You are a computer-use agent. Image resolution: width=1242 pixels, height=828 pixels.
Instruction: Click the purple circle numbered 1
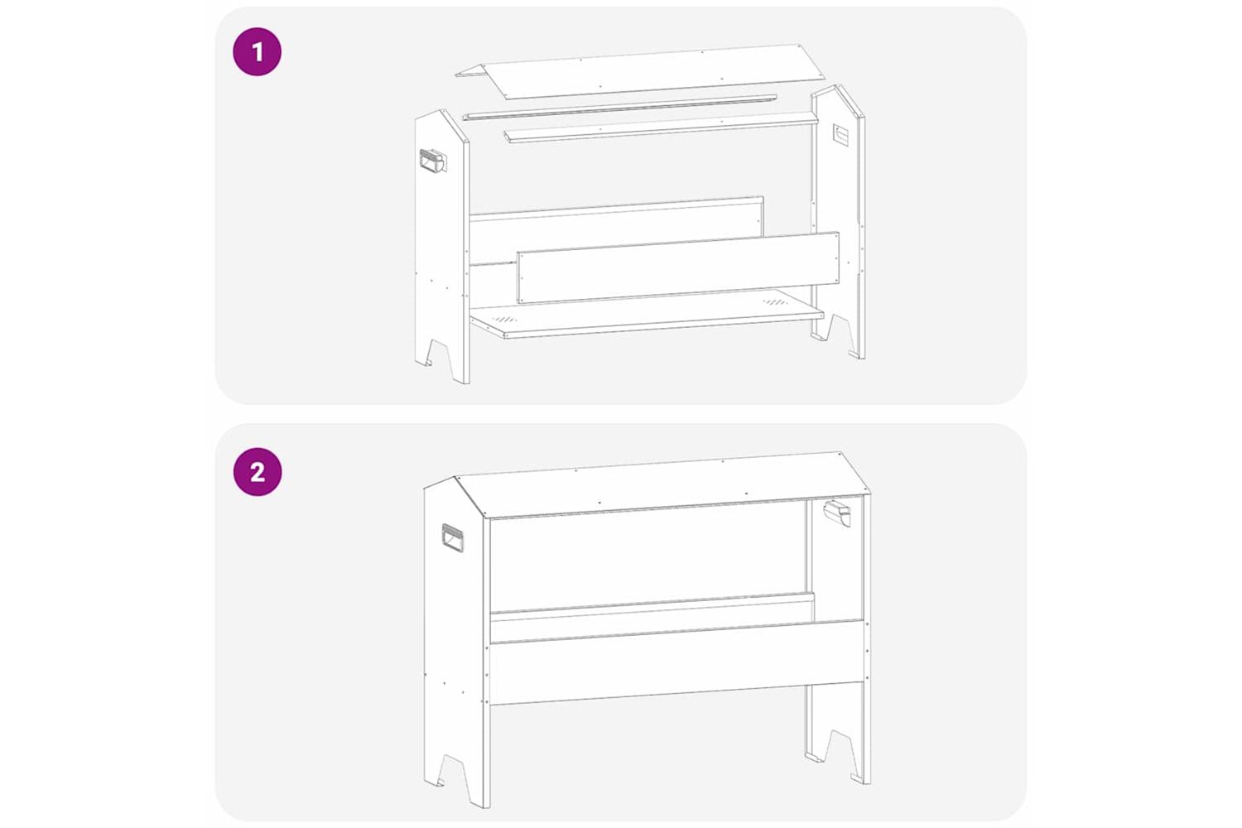[x=258, y=51]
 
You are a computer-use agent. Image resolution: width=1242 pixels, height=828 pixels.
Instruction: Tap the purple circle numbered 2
[x=258, y=472]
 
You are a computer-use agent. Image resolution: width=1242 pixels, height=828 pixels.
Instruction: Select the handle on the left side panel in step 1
[x=434, y=161]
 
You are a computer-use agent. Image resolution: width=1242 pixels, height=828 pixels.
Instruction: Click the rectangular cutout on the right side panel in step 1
[x=841, y=135]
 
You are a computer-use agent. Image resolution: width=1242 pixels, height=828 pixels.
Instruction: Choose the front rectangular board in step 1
[x=678, y=268]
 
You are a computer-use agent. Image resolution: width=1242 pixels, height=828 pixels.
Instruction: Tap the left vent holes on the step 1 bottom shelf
[x=505, y=319]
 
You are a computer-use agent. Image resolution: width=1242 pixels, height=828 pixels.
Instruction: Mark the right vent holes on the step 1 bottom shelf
[x=775, y=302]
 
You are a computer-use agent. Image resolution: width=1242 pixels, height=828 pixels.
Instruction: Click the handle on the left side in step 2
[x=453, y=537]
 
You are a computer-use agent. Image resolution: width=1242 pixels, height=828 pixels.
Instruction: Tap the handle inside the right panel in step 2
[x=836, y=513]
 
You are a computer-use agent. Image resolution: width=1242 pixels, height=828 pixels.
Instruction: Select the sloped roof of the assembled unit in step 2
[x=662, y=485]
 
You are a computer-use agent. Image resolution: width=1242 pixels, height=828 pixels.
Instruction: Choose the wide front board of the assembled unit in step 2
[x=676, y=662]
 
